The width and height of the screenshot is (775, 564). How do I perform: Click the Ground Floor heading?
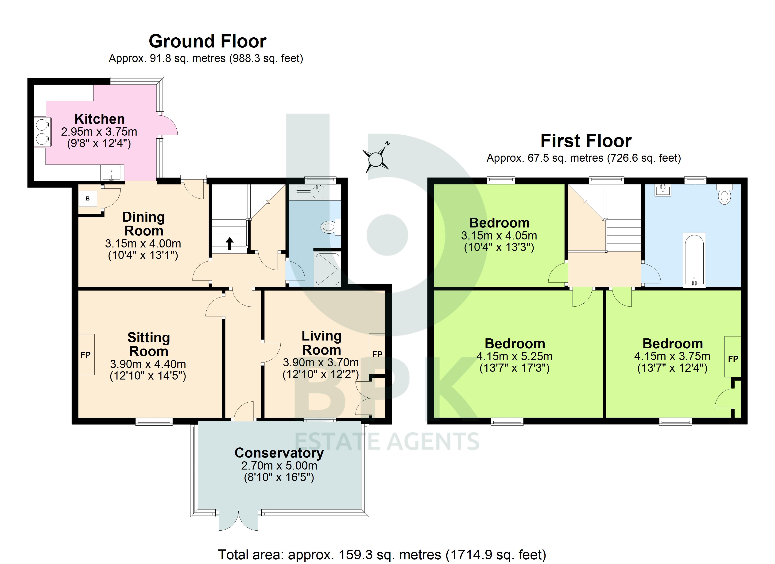tap(207, 41)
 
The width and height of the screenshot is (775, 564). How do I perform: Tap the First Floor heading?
tap(586, 141)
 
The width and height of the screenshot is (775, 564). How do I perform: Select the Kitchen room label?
tap(99, 119)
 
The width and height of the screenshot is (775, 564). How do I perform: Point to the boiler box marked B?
tap(88, 199)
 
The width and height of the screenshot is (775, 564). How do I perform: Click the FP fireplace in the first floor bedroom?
tap(733, 358)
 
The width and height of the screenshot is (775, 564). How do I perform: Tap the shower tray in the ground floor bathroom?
tap(327, 269)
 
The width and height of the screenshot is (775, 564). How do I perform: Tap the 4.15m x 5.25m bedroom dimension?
tap(514, 356)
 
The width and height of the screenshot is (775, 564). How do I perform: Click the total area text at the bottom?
tap(382, 554)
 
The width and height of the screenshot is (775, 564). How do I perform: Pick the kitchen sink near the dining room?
tap(111, 173)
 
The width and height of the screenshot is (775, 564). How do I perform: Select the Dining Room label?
tap(143, 224)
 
